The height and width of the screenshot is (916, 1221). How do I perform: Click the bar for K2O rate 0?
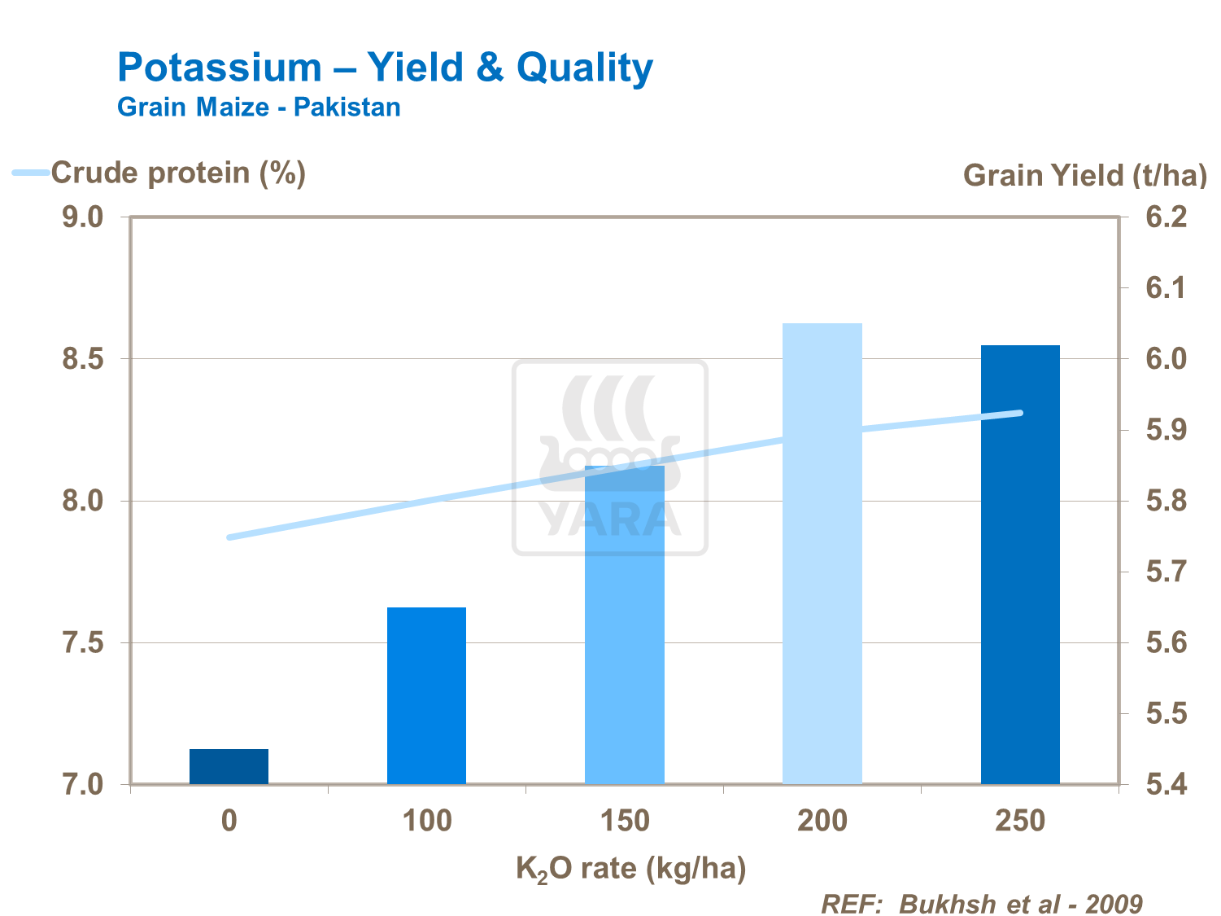229,766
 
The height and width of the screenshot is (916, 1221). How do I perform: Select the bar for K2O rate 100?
426,695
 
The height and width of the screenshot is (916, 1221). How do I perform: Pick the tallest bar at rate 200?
822,554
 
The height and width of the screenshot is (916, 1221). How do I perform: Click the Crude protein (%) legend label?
178,173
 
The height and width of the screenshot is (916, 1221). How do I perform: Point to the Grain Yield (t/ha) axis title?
1085,175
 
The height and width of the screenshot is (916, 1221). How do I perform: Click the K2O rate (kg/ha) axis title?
631,869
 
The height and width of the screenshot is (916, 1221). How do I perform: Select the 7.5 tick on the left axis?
83,643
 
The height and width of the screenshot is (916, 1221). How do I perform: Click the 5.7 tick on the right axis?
1166,572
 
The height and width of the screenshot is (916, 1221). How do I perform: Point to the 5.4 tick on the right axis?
1166,785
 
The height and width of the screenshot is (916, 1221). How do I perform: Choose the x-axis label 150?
625,821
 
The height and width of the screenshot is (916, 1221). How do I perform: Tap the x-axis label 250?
1020,821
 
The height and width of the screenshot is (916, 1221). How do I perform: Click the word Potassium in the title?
220,67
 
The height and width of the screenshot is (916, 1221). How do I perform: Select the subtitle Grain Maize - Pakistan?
259,107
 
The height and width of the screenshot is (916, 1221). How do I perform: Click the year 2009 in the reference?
1114,904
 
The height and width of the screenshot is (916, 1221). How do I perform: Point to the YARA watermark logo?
610,458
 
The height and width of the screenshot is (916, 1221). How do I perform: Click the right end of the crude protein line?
1020,413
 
